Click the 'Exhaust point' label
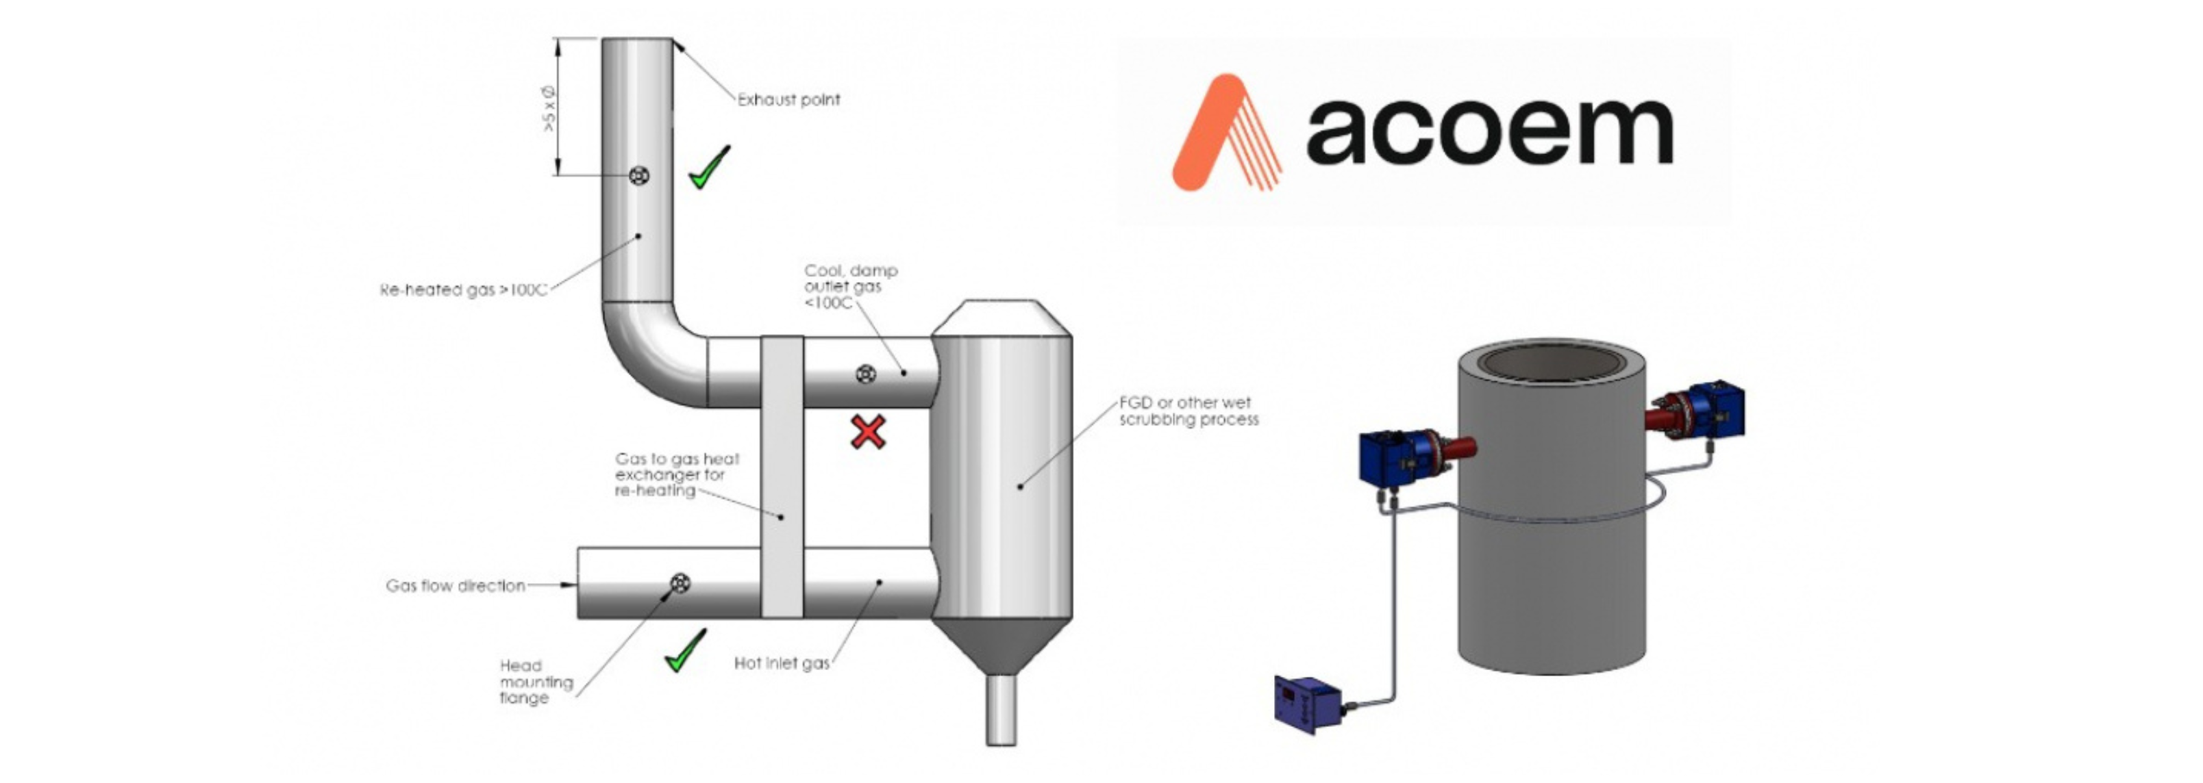pyautogui.click(x=788, y=100)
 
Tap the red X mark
pyautogui.click(x=868, y=433)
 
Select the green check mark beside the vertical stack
pyautogui.click(x=709, y=168)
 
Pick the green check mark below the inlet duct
pyautogui.click(x=685, y=650)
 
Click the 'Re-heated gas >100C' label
pyautogui.click(x=462, y=290)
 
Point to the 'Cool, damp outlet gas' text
pyautogui.click(x=849, y=286)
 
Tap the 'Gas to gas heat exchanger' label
pyautogui.click(x=677, y=474)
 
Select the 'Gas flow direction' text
pyautogui.click(x=455, y=586)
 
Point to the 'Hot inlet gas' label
pyautogui.click(x=781, y=663)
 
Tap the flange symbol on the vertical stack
pyautogui.click(x=639, y=176)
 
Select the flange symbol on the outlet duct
pyautogui.click(x=865, y=374)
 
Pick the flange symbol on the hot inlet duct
pyautogui.click(x=680, y=583)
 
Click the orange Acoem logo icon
pyautogui.click(x=1225, y=133)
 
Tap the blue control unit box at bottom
pyautogui.click(x=1307, y=704)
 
